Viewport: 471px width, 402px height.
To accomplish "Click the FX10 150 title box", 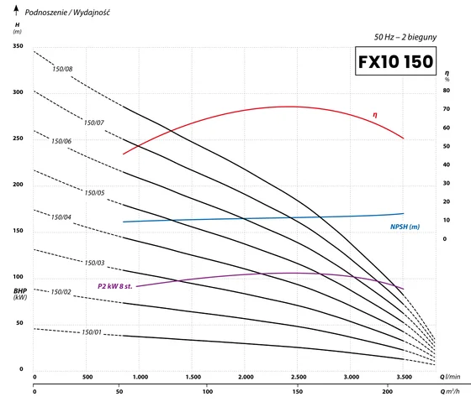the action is pos(395,61).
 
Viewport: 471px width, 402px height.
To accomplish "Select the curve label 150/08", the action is pos(62,69).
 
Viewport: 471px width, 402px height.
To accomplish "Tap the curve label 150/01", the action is pos(92,332).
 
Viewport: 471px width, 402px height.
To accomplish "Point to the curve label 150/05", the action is pos(94,193).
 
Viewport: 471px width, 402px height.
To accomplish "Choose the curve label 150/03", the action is pos(94,263).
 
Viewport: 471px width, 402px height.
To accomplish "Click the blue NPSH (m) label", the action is pos(405,227).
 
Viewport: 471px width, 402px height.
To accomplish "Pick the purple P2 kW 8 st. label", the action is pos(114,286).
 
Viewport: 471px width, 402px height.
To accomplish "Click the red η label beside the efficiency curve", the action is pos(375,115).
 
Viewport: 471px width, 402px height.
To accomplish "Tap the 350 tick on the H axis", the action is pos(18,46).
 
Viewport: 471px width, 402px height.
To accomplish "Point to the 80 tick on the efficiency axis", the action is pos(447,91).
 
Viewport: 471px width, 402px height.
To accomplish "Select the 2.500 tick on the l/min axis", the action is pos(299,377).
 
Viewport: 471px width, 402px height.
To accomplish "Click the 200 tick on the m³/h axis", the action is pos(387,391).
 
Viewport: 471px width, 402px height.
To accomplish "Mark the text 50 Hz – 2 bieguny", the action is pos(405,37).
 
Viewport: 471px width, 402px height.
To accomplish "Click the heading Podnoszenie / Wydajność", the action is pos(67,13).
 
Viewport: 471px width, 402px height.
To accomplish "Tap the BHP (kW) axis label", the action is pos(20,294).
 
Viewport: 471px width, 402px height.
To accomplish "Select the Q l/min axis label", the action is pos(450,377).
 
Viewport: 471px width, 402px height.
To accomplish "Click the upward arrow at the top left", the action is pos(16,10).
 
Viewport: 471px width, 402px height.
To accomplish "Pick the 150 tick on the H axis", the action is pos(18,231).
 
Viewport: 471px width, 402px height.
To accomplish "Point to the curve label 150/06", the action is pos(61,141).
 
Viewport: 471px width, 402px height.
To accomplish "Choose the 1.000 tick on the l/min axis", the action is pos(140,377).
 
